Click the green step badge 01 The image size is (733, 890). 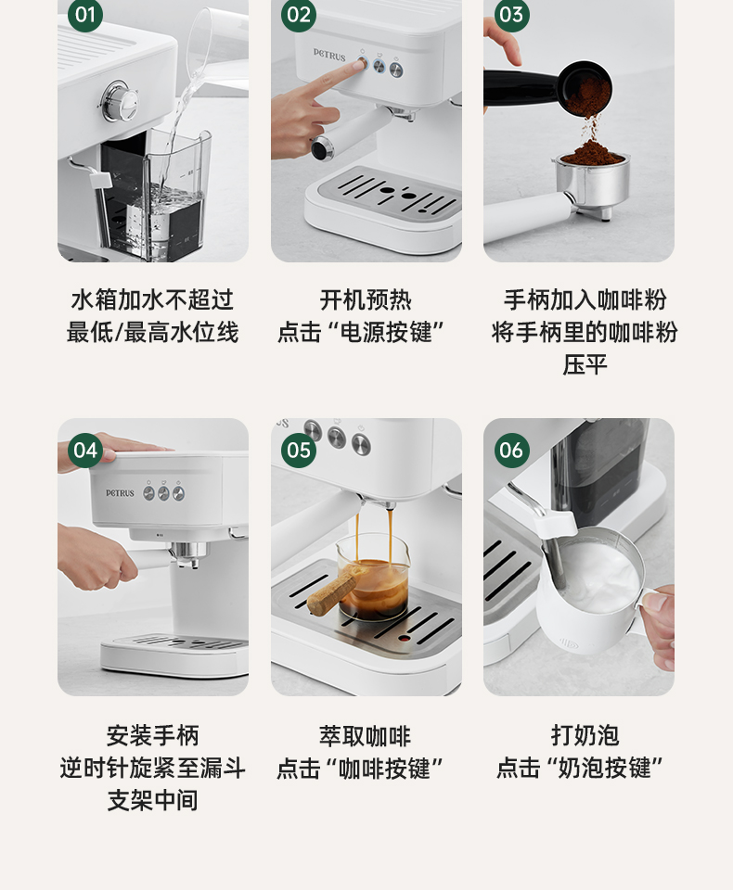tap(85, 15)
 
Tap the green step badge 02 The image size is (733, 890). tap(299, 15)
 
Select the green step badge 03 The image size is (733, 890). tap(511, 15)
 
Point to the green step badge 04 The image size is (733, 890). tap(85, 451)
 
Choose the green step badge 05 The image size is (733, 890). tap(299, 451)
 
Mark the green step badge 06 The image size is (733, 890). tap(511, 451)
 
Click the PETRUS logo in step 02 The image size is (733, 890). tap(329, 55)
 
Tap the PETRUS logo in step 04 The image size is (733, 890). tap(120, 492)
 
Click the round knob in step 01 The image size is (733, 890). tap(120, 101)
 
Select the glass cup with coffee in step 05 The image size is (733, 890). tap(372, 576)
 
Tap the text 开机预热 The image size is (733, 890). tap(366, 300)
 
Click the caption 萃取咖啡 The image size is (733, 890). tap(366, 736)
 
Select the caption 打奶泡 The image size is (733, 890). tap(585, 735)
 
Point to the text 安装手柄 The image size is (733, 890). tap(153, 735)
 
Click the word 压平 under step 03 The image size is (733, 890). tap(585, 364)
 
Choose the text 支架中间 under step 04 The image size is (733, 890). tap(153, 800)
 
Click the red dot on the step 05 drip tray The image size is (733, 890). tap(404, 638)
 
